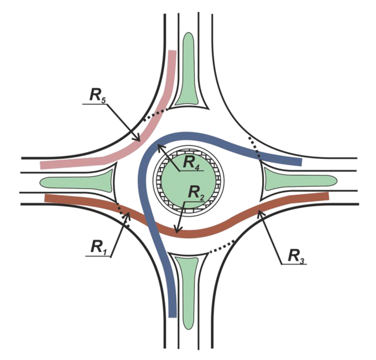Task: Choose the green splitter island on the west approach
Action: (78, 182)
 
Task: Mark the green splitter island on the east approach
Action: (296, 182)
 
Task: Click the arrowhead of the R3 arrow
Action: (259, 210)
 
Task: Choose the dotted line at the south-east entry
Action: (220, 246)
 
